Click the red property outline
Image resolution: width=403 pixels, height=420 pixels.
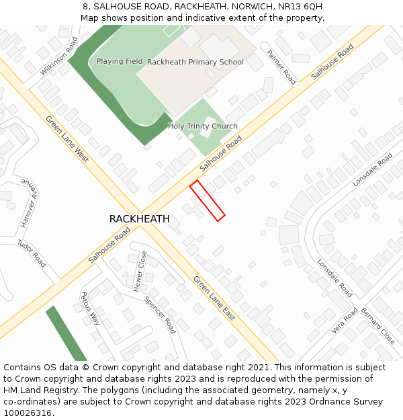207,200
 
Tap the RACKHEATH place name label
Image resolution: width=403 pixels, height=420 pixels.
139,219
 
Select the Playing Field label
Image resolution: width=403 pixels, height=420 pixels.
120,61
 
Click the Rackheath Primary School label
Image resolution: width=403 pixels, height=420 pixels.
195,62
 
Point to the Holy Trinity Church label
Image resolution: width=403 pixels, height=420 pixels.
202,126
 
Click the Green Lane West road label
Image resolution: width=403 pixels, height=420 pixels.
67,138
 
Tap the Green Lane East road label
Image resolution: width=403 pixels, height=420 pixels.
214,298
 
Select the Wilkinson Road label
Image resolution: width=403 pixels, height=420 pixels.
59,56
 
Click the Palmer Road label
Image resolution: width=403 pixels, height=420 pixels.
281,67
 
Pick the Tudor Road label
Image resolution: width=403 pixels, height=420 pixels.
32,253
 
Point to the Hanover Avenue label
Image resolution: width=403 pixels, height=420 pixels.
28,203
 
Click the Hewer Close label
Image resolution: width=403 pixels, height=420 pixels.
140,271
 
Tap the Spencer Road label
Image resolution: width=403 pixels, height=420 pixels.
160,314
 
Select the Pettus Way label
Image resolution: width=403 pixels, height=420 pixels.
90,308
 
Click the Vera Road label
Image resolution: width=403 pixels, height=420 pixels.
345,321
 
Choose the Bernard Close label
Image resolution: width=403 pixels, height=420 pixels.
378,326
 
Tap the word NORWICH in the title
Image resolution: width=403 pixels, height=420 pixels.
233,7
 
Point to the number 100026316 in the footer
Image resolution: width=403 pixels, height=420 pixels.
27,413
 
